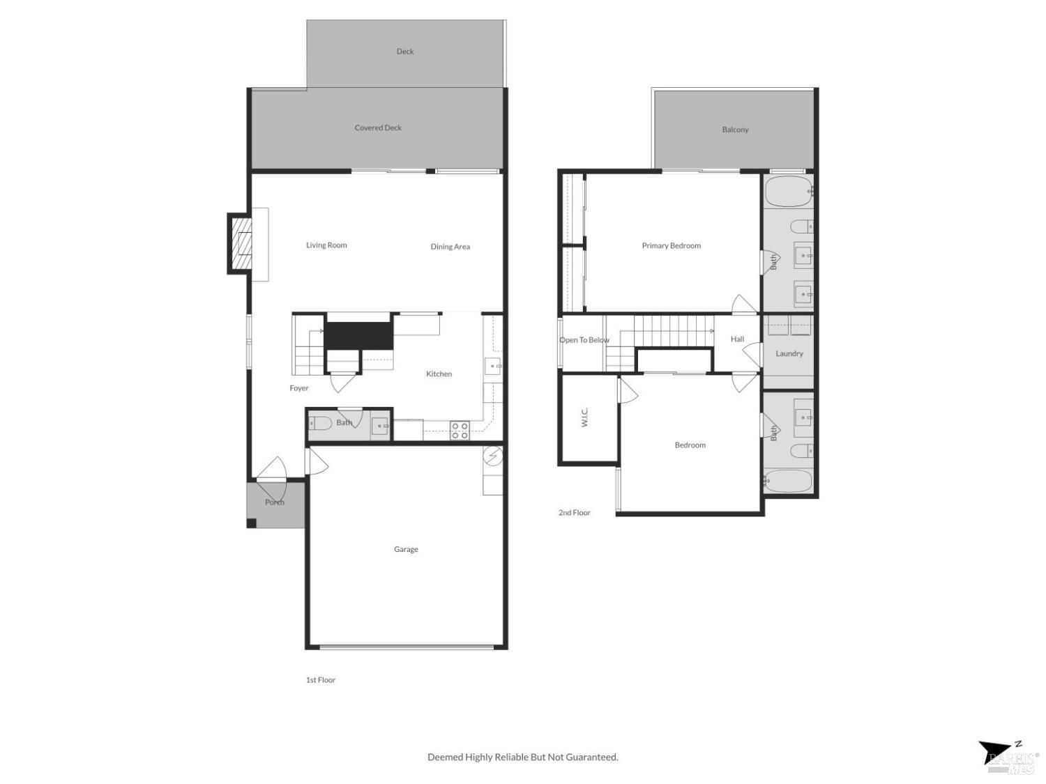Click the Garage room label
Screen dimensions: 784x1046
tap(406, 549)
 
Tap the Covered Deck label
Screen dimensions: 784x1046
tap(378, 128)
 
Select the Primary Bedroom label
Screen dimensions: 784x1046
tap(671, 245)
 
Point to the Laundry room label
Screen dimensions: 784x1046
tap(789, 353)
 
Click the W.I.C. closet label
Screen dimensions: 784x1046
tap(584, 417)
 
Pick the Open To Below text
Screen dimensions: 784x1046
tap(584, 340)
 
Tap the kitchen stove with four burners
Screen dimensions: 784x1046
tap(460, 430)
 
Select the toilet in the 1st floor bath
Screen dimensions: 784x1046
tap(321, 423)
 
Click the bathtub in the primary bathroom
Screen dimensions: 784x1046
tap(788, 190)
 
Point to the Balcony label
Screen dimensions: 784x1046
tap(735, 130)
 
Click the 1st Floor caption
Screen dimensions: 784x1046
tap(321, 679)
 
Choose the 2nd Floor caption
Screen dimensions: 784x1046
tap(574, 512)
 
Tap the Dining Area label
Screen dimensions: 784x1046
tap(450, 247)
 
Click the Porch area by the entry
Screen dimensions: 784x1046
tap(275, 503)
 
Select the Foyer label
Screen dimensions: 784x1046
tap(299, 388)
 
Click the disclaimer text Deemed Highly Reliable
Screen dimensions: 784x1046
tap(522, 757)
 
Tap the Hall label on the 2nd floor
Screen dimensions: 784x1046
tap(737, 339)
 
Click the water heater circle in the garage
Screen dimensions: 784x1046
tap(493, 456)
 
